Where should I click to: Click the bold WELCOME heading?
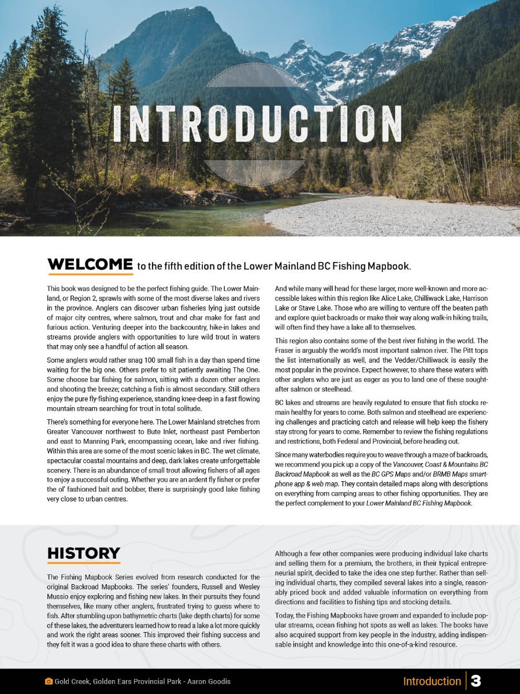click(x=90, y=265)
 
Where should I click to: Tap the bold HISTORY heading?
click(x=84, y=553)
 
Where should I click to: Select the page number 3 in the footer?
click(x=476, y=681)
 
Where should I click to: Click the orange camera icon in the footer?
click(x=49, y=681)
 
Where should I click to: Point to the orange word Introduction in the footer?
click(x=432, y=681)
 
